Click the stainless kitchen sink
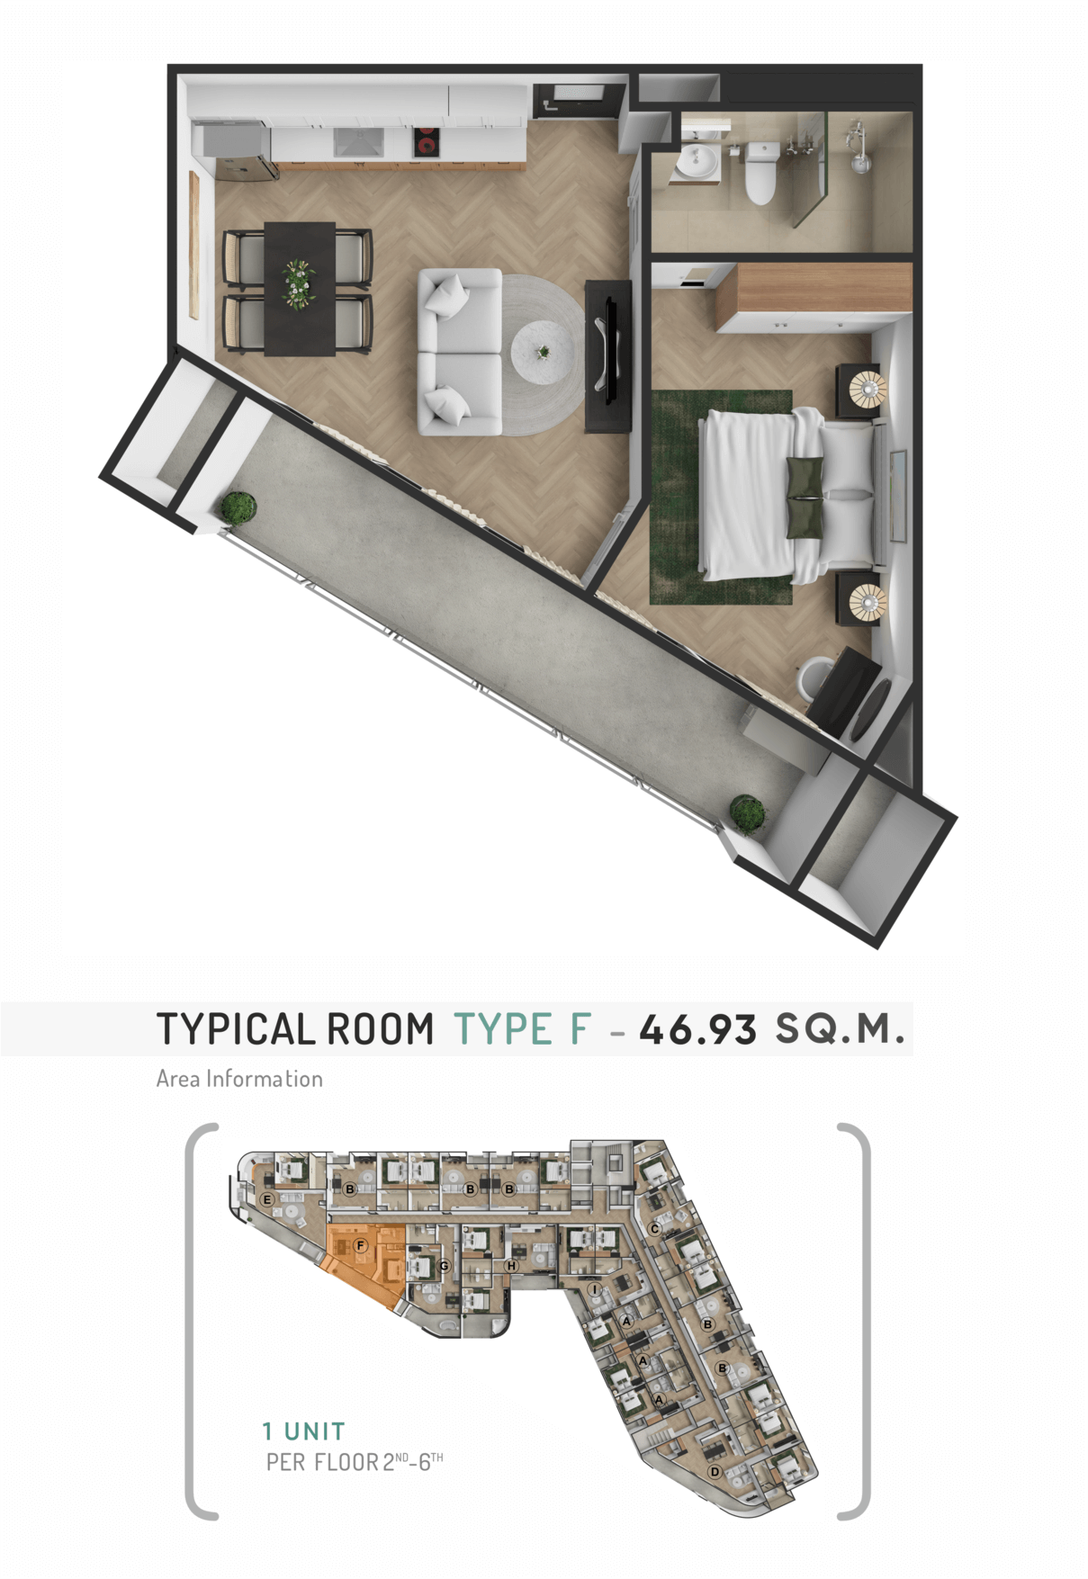pos(358,142)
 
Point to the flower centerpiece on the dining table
pos(298,283)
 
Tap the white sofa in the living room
pos(459,352)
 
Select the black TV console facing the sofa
pos(608,356)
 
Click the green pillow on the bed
pos(805,497)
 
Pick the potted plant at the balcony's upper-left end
pos(238,507)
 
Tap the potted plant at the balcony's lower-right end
pos(747,812)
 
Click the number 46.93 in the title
pos(697,1029)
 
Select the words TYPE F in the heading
pos(522,1029)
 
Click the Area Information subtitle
pos(239,1079)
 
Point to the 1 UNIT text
pos(303,1431)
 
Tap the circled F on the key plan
pos(360,1245)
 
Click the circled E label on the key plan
pos(266,1199)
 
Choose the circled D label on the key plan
pos(715,1472)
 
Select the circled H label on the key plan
pos(511,1265)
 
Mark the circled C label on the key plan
pos(654,1229)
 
